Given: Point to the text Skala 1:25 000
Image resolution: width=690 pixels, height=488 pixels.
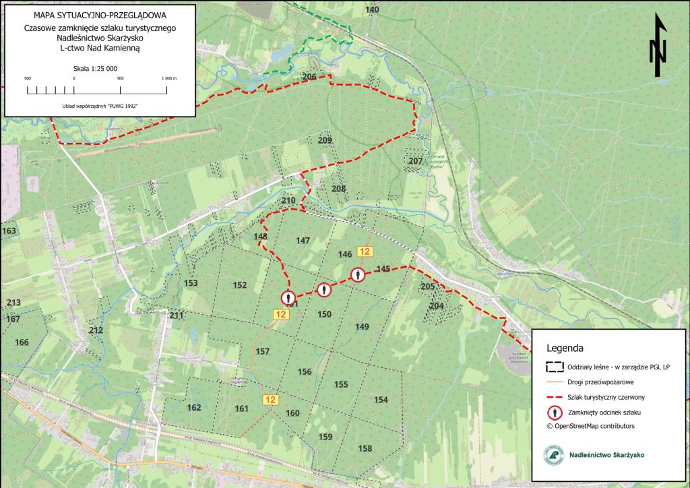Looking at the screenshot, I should tap(95, 69).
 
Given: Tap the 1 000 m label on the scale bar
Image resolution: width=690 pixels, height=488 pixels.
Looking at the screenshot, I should tap(168, 78).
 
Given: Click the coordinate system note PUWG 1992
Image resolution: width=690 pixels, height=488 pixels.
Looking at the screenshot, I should tap(100, 106).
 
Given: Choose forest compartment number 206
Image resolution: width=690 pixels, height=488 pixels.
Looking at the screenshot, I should tap(309, 77).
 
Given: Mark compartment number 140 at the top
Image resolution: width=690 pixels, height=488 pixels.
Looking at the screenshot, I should tap(372, 9).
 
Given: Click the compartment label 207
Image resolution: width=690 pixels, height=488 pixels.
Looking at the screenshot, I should tap(415, 161).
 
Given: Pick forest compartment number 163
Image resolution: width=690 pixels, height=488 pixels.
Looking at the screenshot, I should tap(9, 231).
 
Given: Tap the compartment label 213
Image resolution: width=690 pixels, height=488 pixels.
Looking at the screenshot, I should tap(13, 303).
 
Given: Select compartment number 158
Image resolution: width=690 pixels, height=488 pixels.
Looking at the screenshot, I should tap(365, 448).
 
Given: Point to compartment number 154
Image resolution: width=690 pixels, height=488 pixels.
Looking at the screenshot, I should tap(381, 400).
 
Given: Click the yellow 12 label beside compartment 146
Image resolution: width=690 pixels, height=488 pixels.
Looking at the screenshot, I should tap(365, 251).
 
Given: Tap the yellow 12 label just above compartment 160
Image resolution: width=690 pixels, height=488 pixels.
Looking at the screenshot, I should tap(271, 400).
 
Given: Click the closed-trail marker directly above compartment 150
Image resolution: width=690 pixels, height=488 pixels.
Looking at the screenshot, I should tap(324, 290).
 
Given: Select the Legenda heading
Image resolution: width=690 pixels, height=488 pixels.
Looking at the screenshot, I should tap(564, 348).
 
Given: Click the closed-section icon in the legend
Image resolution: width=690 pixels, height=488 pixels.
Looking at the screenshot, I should tap(555, 411).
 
